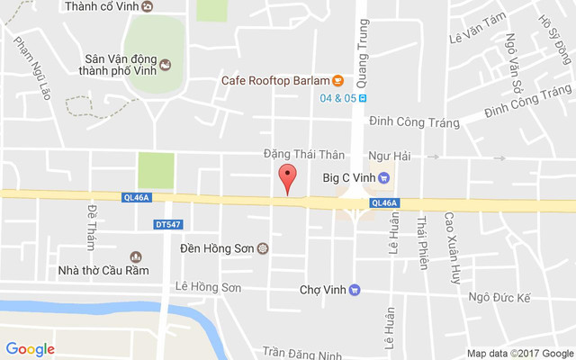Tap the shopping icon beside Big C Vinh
[383, 177]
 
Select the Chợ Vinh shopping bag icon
[355, 290]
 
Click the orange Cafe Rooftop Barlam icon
[337, 80]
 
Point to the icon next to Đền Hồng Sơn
[262, 247]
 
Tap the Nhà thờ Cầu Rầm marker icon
[136, 256]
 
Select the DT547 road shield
[166, 223]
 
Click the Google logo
[30, 349]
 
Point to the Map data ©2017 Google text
[519, 353]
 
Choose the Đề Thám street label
[91, 226]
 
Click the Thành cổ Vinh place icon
[148, 6]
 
